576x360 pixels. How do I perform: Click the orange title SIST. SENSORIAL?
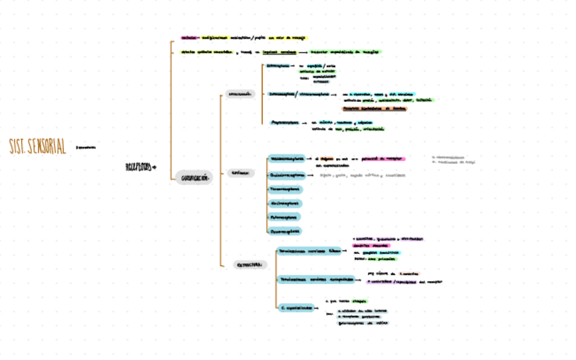[38, 146]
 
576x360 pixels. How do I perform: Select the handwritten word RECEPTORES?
[139, 166]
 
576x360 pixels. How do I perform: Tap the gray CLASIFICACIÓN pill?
[194, 178]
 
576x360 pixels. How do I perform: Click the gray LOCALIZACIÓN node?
[240, 94]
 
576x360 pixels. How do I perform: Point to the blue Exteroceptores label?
[277, 67]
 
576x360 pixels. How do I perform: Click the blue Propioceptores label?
[285, 123]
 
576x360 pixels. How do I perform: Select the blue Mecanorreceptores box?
[287, 158]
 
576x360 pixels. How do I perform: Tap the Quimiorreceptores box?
[287, 175]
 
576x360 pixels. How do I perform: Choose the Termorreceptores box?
[285, 190]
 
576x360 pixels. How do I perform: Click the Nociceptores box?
[285, 203]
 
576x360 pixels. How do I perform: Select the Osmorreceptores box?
[285, 231]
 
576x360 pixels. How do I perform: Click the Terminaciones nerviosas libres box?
[309, 251]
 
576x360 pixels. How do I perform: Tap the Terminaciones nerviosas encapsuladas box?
[316, 279]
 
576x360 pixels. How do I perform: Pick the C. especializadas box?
[297, 307]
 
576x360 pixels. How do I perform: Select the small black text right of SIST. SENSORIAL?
[86, 147]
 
